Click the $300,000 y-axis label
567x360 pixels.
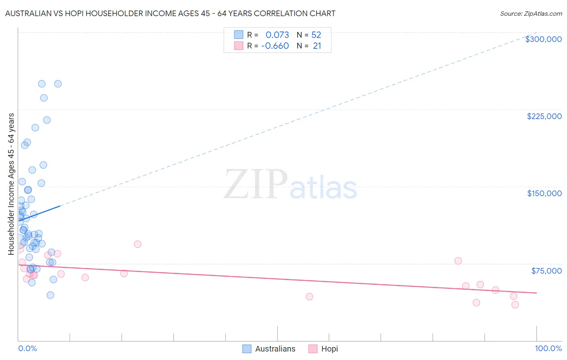pyautogui.click(x=543, y=39)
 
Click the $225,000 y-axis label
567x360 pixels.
pyautogui.click(x=544, y=116)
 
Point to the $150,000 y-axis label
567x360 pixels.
pyautogui.click(x=544, y=193)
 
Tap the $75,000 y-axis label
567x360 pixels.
pyautogui.click(x=546, y=271)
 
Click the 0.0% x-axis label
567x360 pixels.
pyautogui.click(x=27, y=348)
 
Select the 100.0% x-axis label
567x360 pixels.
pyautogui.click(x=548, y=348)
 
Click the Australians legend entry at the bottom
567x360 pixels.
pyautogui.click(x=275, y=349)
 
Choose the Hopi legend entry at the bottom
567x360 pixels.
pyautogui.click(x=329, y=349)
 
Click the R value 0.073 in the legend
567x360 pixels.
pyautogui.click(x=277, y=35)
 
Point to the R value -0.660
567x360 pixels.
pyautogui.click(x=275, y=46)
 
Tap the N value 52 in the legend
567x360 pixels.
pyautogui.click(x=316, y=35)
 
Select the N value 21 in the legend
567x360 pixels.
pyautogui.click(x=317, y=46)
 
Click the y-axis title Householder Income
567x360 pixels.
pyautogui.click(x=11, y=184)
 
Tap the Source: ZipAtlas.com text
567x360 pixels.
pyautogui.click(x=531, y=14)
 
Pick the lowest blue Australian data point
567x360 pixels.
pyautogui.click(x=50, y=295)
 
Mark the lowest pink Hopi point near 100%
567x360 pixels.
pyautogui.click(x=515, y=305)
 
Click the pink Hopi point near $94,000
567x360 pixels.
pyautogui.click(x=138, y=244)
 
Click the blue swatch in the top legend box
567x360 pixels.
pyautogui.click(x=239, y=35)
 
